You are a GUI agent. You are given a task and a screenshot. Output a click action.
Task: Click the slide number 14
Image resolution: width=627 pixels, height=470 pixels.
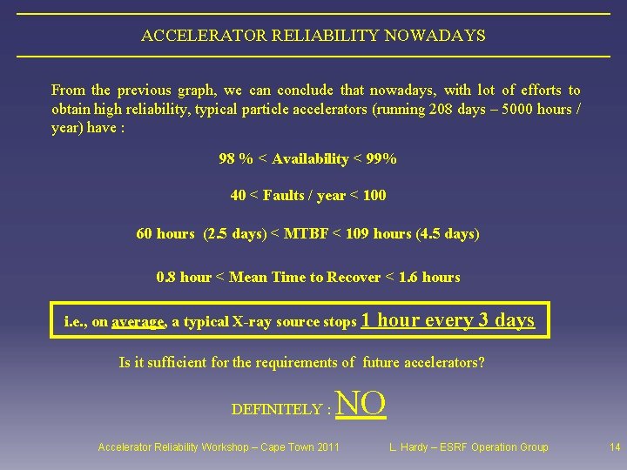[615, 447]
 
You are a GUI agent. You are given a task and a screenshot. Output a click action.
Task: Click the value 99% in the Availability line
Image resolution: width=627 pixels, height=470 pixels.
[380, 158]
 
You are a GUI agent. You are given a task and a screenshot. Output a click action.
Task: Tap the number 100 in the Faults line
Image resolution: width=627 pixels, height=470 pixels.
[374, 195]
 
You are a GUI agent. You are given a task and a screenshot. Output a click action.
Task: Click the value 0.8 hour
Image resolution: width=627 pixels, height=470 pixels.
[184, 277]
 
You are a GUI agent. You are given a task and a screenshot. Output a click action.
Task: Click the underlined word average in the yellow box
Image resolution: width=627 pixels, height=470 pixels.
[138, 322]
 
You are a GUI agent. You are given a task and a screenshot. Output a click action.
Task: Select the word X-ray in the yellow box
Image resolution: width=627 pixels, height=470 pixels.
[253, 322]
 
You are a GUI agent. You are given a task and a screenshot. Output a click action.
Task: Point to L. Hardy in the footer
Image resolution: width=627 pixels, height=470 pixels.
[409, 447]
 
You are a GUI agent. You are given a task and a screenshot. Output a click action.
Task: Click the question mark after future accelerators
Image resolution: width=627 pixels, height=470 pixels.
[482, 362]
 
